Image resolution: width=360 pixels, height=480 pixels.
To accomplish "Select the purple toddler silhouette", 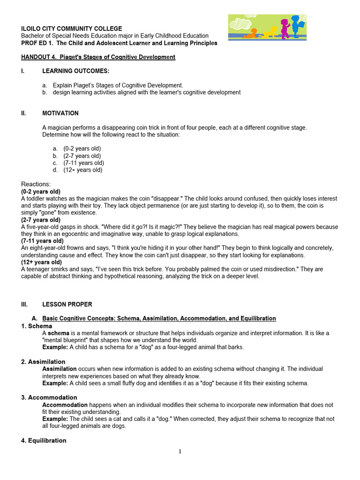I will [285, 28].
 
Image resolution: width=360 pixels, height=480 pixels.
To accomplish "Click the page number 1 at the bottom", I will [180, 451].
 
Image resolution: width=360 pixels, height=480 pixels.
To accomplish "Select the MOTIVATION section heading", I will [60, 113].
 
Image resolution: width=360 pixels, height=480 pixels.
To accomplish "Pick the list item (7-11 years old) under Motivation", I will [83, 163].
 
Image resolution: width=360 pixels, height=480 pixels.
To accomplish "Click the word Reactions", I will [36, 184].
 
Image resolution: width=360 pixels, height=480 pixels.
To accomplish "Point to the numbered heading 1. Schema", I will [37, 326].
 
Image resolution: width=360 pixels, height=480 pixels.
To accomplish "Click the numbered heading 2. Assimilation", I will [43, 362].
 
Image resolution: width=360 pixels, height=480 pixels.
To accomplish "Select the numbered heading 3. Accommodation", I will [46, 397].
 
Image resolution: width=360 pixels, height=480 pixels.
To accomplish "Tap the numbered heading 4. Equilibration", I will [44, 441].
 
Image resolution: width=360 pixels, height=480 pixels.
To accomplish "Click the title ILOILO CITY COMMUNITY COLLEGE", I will [71, 29].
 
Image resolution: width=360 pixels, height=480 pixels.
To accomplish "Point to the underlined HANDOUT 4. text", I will [39, 57].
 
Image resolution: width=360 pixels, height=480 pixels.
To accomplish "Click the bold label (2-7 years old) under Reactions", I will [41, 220].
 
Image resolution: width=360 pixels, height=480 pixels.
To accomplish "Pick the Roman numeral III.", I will [25, 304].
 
